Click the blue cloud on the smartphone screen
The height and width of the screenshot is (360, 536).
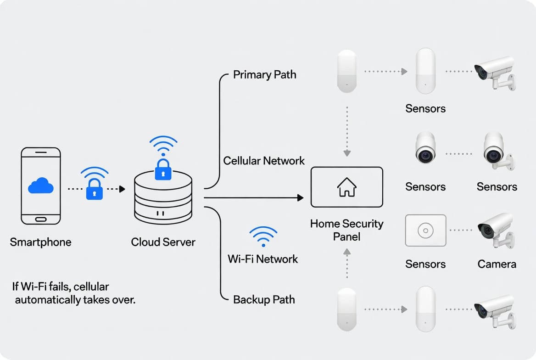[x=41, y=186]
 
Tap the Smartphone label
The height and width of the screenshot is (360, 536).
[x=40, y=242]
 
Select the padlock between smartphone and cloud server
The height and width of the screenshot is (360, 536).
[x=95, y=189]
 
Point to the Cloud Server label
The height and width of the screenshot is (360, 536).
[x=163, y=242]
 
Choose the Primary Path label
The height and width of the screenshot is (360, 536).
[x=264, y=74]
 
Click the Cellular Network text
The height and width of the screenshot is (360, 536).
[x=264, y=161]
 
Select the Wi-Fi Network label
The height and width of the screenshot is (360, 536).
[x=263, y=259]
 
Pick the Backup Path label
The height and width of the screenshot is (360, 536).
[x=264, y=300]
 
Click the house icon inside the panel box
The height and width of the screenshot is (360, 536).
[x=346, y=187]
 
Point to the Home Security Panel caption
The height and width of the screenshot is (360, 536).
[x=346, y=230]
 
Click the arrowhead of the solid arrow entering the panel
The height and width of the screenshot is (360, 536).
[x=301, y=198]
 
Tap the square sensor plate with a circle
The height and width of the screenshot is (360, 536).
[x=425, y=230]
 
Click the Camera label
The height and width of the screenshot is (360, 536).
[x=497, y=264]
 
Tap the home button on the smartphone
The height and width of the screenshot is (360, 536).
[x=41, y=219]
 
